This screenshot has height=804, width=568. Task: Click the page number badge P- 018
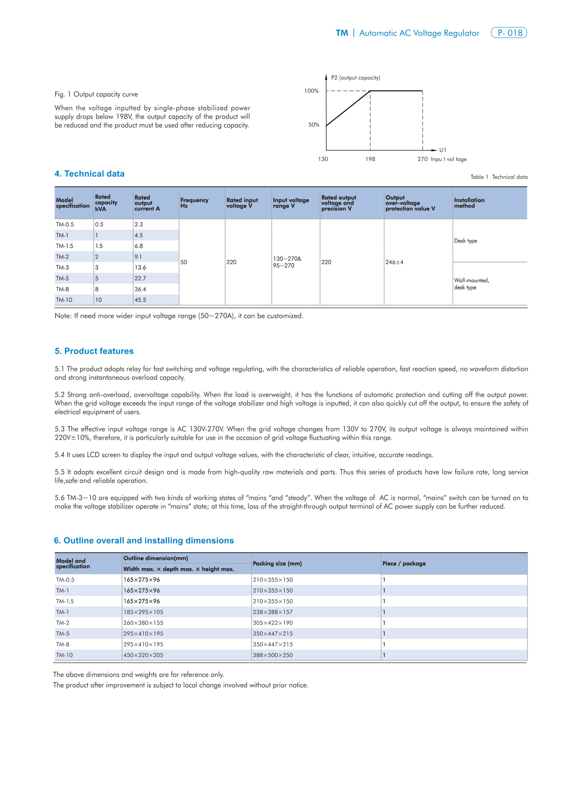[x=509, y=33]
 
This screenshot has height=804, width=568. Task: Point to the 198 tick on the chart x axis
[x=370, y=159]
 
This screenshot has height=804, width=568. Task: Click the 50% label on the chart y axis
[x=314, y=125]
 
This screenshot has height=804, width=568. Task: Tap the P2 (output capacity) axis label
[x=355, y=78]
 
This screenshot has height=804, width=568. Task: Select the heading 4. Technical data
[x=90, y=174]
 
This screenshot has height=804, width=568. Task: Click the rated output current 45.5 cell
[x=140, y=300]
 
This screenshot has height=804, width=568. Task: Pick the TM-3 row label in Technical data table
[x=62, y=267]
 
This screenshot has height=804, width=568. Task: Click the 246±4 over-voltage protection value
[x=394, y=262]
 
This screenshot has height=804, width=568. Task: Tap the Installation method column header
[x=469, y=203]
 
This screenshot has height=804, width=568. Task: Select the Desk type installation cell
[x=465, y=241]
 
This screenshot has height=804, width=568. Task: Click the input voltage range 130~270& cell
[x=287, y=259]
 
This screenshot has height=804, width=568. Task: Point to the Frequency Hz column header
[x=194, y=203]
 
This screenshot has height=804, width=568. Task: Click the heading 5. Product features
[x=94, y=351]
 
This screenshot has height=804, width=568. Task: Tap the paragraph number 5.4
[x=59, y=455]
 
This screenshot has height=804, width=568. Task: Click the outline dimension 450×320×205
[x=143, y=655]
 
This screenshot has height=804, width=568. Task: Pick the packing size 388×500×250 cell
[x=273, y=655]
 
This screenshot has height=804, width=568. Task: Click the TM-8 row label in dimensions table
[x=62, y=644]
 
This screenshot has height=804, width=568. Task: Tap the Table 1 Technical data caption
[x=499, y=177]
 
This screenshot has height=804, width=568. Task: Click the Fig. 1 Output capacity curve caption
[x=96, y=95]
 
